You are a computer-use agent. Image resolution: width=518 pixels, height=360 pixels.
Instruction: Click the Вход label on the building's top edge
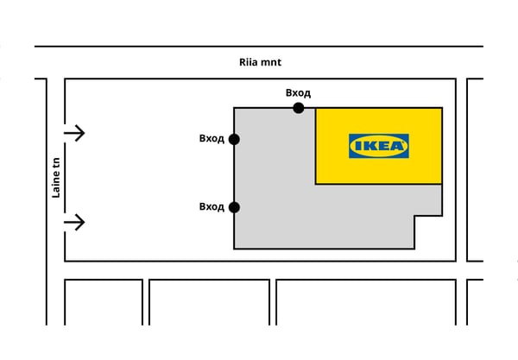coord(298,93)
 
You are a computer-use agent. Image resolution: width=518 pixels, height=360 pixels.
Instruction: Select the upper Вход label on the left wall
coord(212,138)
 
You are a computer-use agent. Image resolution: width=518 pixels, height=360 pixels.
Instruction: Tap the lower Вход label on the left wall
coord(212,206)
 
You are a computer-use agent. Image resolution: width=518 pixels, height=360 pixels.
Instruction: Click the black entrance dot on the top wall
coord(299,108)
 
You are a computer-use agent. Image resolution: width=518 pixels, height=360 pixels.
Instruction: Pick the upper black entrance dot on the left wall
coord(234,139)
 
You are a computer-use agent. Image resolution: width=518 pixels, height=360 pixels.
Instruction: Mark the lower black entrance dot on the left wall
coord(234,207)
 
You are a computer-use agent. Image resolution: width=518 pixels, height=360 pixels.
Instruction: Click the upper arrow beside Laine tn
coord(75,133)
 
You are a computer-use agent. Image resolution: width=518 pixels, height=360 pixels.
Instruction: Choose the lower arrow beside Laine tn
coord(75,223)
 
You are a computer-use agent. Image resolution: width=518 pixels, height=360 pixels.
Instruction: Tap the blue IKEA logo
coord(379,146)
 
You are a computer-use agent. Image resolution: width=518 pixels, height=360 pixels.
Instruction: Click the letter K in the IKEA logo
coord(368,146)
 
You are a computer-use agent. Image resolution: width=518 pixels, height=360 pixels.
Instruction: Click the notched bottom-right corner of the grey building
coord(415,216)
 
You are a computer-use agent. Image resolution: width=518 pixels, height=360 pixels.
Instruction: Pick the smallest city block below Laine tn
coord(104,302)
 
